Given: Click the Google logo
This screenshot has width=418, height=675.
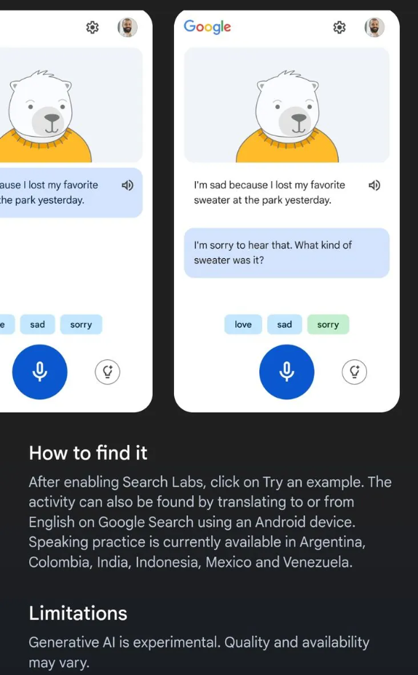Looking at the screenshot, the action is click(x=208, y=27).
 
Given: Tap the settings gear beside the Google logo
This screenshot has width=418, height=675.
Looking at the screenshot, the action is click(x=339, y=28).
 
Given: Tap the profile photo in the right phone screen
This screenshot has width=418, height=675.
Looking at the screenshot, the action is click(x=374, y=27).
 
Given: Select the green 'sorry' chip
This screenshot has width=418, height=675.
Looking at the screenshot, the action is click(x=328, y=324).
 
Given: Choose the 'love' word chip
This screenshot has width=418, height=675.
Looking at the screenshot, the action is click(x=243, y=324).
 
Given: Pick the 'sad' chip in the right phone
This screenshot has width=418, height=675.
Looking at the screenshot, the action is click(x=285, y=324).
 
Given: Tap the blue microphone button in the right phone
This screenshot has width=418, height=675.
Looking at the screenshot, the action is click(x=287, y=372).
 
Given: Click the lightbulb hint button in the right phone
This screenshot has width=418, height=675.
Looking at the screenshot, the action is click(x=354, y=372).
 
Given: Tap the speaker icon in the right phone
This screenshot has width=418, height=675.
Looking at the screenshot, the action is click(x=374, y=185).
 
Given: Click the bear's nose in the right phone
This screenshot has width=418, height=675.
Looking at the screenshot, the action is click(x=299, y=118).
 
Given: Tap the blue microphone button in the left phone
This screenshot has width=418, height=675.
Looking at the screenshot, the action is click(x=39, y=372).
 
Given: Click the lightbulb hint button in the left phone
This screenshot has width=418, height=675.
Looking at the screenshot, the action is click(x=107, y=372).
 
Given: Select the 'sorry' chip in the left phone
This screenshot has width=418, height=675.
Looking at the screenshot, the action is click(x=81, y=324).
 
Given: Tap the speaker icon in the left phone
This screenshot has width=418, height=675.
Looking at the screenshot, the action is click(x=127, y=185).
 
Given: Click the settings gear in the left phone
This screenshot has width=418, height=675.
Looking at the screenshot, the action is click(x=92, y=28).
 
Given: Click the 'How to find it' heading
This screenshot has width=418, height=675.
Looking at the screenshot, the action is click(x=88, y=453).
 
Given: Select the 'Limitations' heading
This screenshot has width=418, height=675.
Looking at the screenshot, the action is click(x=78, y=613).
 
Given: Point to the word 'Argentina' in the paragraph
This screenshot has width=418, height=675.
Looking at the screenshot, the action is click(x=332, y=542).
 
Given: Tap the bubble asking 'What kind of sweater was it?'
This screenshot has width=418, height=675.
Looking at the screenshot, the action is click(x=287, y=252).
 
